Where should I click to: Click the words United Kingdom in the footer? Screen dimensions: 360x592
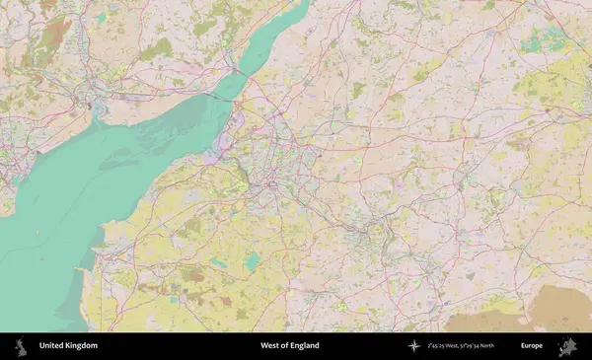coord(68,346)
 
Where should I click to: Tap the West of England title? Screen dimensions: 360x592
coord(282,346)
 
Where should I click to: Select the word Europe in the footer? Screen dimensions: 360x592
coord(532,346)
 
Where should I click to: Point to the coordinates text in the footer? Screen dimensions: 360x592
coord(461,346)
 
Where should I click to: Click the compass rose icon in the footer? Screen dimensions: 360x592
coord(414,346)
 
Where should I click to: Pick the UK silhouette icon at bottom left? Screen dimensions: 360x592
coord(20,346)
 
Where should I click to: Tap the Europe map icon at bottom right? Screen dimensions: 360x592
coord(567,346)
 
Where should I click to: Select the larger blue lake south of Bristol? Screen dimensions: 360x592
coord(253,260)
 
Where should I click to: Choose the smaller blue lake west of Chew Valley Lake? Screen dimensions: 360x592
coord(218,262)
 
